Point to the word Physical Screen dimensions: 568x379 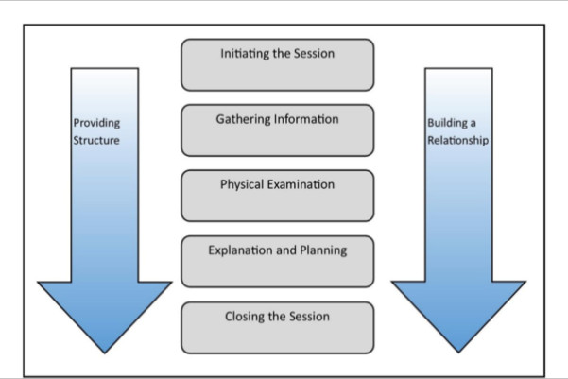(x=242, y=185)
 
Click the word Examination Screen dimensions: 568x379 (x=301, y=184)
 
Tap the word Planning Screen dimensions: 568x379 (x=323, y=250)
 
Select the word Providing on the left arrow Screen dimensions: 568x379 (x=96, y=123)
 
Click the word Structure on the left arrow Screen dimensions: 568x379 (x=96, y=140)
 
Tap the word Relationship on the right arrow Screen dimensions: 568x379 (x=457, y=140)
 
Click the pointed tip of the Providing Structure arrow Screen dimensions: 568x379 (x=105, y=353)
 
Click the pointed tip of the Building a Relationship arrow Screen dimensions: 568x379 (x=458, y=353)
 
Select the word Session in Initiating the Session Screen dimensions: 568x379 (x=314, y=54)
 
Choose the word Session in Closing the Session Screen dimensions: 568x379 (x=309, y=317)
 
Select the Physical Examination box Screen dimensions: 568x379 (x=278, y=196)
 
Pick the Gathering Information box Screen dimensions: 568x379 (x=278, y=130)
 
